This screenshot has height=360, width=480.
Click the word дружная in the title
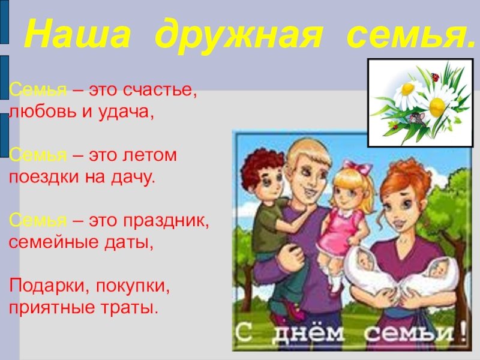coord(239,34)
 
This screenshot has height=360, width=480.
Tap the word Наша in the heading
coord(77,33)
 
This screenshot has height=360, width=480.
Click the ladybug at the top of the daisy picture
coord(434,77)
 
